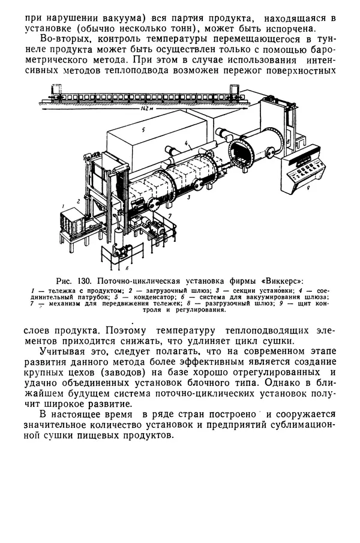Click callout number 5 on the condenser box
pyautogui.click(x=136, y=129)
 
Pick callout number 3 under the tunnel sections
pyautogui.click(x=189, y=196)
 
